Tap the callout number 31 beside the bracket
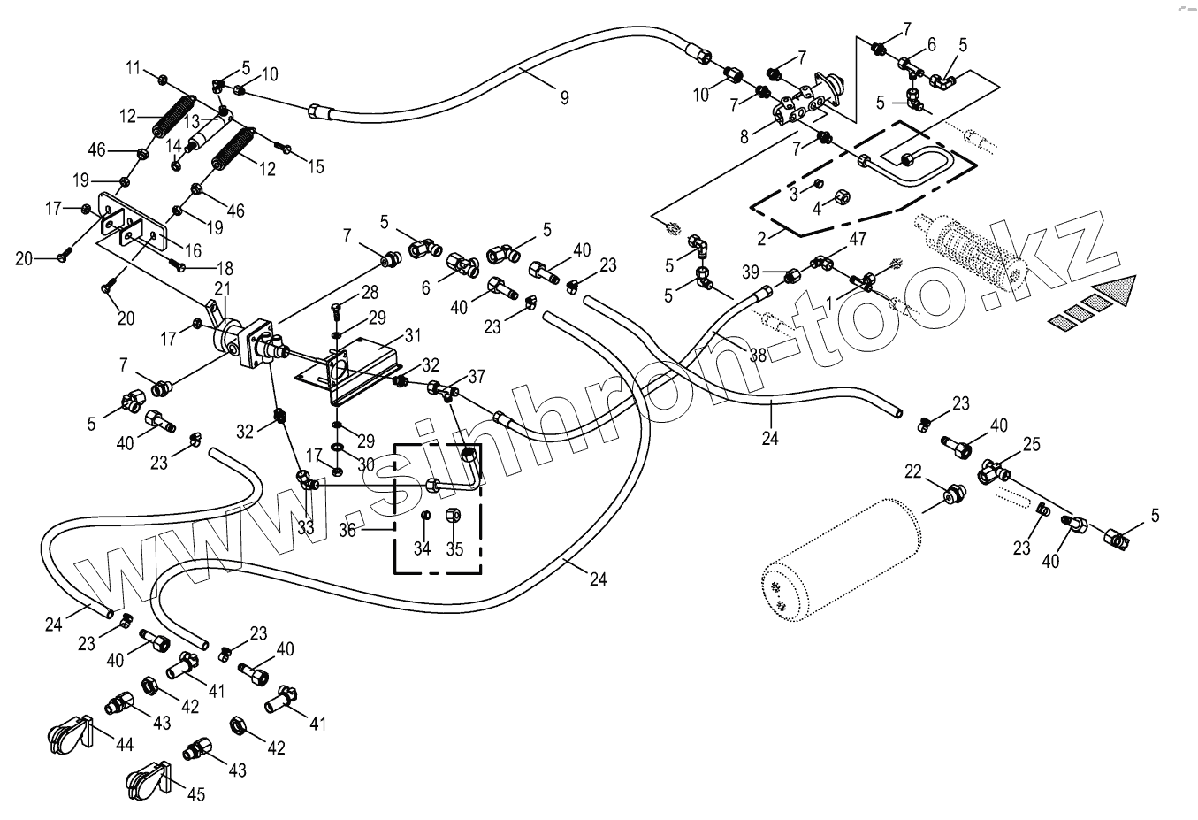413,335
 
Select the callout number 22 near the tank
913,472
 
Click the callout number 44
125,745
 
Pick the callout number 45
196,793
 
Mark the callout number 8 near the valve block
744,136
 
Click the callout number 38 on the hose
757,355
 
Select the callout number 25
1031,443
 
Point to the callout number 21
222,288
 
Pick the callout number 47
858,239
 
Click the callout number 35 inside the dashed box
454,549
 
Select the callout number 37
477,376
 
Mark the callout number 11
134,67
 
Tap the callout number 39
751,270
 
